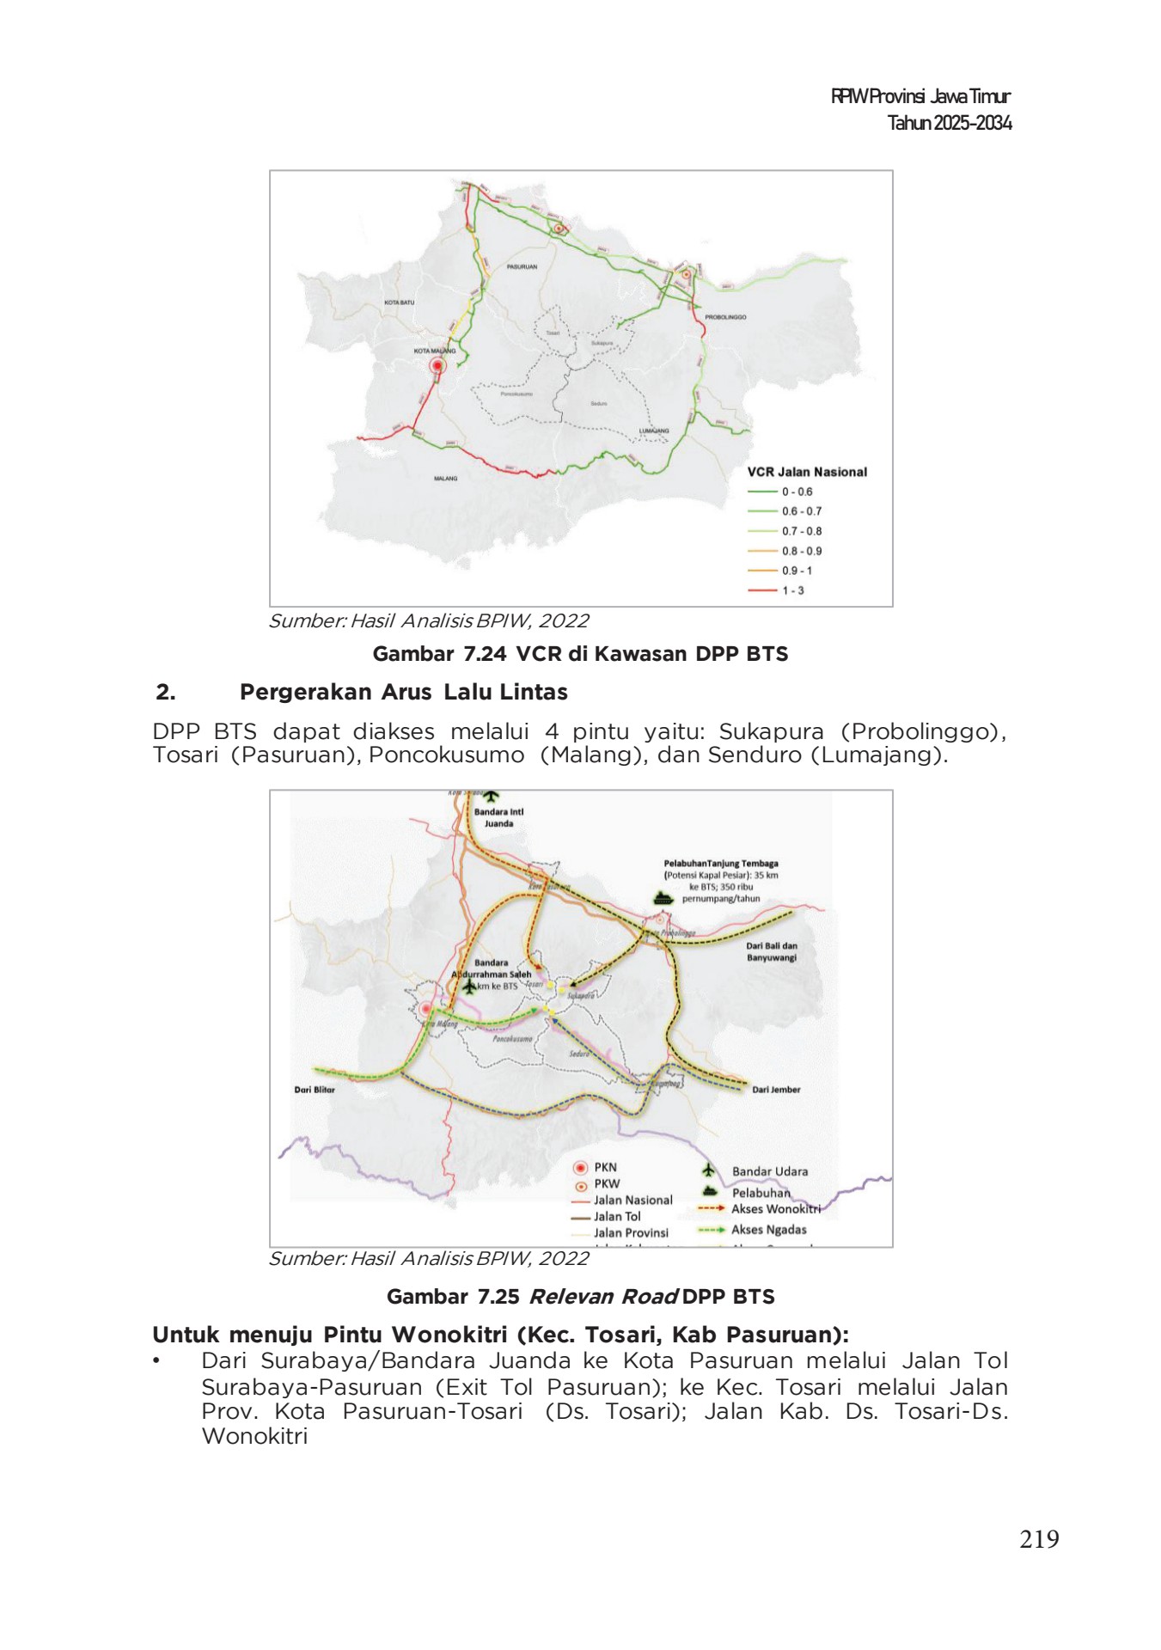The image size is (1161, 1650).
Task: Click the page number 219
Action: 1038,1538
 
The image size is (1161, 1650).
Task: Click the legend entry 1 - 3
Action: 792,590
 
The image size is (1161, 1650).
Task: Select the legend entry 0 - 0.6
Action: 796,492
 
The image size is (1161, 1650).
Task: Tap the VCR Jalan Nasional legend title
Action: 806,472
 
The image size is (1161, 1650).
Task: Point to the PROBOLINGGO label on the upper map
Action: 725,317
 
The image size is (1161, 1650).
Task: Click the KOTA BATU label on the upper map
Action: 399,302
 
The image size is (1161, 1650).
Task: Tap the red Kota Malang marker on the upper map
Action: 437,366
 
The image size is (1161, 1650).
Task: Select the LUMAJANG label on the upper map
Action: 653,431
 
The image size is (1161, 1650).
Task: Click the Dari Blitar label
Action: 315,1090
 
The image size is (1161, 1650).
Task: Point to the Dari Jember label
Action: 776,1090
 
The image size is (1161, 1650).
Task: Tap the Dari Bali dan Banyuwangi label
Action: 771,951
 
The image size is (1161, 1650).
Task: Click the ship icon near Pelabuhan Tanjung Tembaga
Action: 662,898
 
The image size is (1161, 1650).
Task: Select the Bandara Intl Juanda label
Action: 498,817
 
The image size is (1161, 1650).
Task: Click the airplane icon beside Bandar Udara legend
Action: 709,1170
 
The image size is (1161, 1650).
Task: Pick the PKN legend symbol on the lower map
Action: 581,1168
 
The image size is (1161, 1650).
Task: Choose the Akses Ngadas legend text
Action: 768,1230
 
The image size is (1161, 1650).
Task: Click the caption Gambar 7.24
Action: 439,654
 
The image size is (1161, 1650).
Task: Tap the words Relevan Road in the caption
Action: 603,1297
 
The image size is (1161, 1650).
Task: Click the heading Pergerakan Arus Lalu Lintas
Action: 403,692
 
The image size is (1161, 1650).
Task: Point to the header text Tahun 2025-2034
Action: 949,123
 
